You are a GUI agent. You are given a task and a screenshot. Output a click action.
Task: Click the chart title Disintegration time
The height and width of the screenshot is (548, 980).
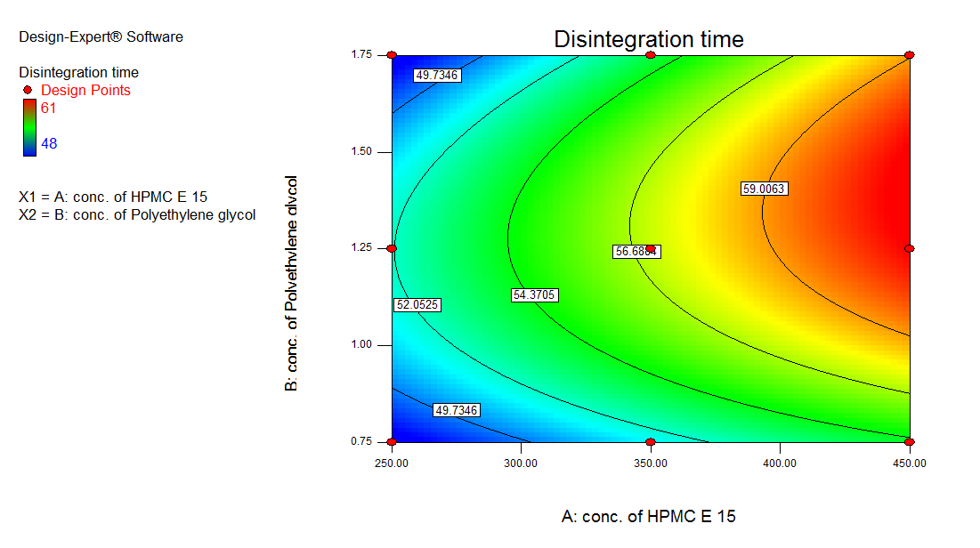click(x=649, y=39)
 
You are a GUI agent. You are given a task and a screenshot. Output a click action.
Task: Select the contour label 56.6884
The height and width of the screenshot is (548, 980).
click(x=636, y=252)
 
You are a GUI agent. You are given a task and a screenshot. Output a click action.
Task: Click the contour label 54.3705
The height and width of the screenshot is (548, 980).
click(x=534, y=294)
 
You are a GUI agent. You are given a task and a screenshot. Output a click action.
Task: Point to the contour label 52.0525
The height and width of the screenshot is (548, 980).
click(x=417, y=305)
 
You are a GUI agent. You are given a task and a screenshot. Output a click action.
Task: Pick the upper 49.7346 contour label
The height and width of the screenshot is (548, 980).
click(x=436, y=76)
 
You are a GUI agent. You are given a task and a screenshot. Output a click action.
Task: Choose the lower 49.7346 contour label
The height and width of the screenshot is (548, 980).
click(x=457, y=410)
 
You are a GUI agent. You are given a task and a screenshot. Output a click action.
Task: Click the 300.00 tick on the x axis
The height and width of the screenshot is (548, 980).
click(x=520, y=463)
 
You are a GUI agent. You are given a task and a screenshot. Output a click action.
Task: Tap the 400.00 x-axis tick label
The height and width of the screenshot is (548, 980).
click(x=780, y=463)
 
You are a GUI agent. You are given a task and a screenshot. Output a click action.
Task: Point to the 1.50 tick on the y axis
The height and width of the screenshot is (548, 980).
click(x=360, y=152)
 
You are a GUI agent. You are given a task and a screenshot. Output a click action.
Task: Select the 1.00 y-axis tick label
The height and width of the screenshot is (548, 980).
click(x=360, y=345)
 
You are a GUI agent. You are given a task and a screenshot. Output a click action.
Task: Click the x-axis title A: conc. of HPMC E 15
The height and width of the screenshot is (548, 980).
click(x=649, y=516)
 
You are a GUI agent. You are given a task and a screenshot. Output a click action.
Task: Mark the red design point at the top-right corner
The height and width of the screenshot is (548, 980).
click(x=909, y=55)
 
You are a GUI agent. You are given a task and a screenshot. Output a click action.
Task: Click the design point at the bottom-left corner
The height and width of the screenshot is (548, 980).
click(x=392, y=441)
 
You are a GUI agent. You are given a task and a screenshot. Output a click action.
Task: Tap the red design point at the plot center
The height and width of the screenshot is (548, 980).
click(x=651, y=248)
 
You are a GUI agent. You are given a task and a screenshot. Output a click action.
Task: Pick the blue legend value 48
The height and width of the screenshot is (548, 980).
click(x=51, y=143)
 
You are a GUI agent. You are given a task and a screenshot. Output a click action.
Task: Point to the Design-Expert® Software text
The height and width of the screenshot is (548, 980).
click(x=101, y=37)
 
